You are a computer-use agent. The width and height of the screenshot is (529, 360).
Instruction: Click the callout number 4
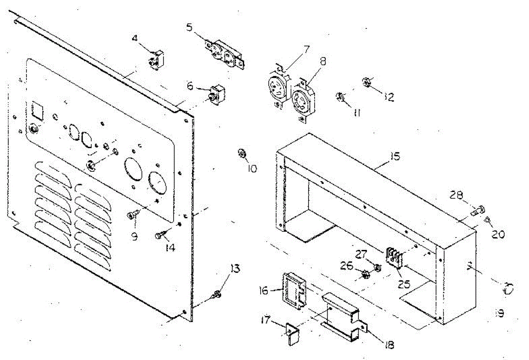coord(135,38)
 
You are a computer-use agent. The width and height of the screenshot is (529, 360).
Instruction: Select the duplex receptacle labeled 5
coord(225,54)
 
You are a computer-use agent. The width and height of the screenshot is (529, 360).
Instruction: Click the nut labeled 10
coord(242,153)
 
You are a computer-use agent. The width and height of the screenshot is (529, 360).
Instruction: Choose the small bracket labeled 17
coord(292,334)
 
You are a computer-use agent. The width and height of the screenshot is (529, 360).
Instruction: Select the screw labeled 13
coord(216,295)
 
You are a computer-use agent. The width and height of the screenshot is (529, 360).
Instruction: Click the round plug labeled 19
coord(508,290)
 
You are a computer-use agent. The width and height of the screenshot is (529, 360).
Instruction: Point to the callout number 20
coord(498,235)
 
